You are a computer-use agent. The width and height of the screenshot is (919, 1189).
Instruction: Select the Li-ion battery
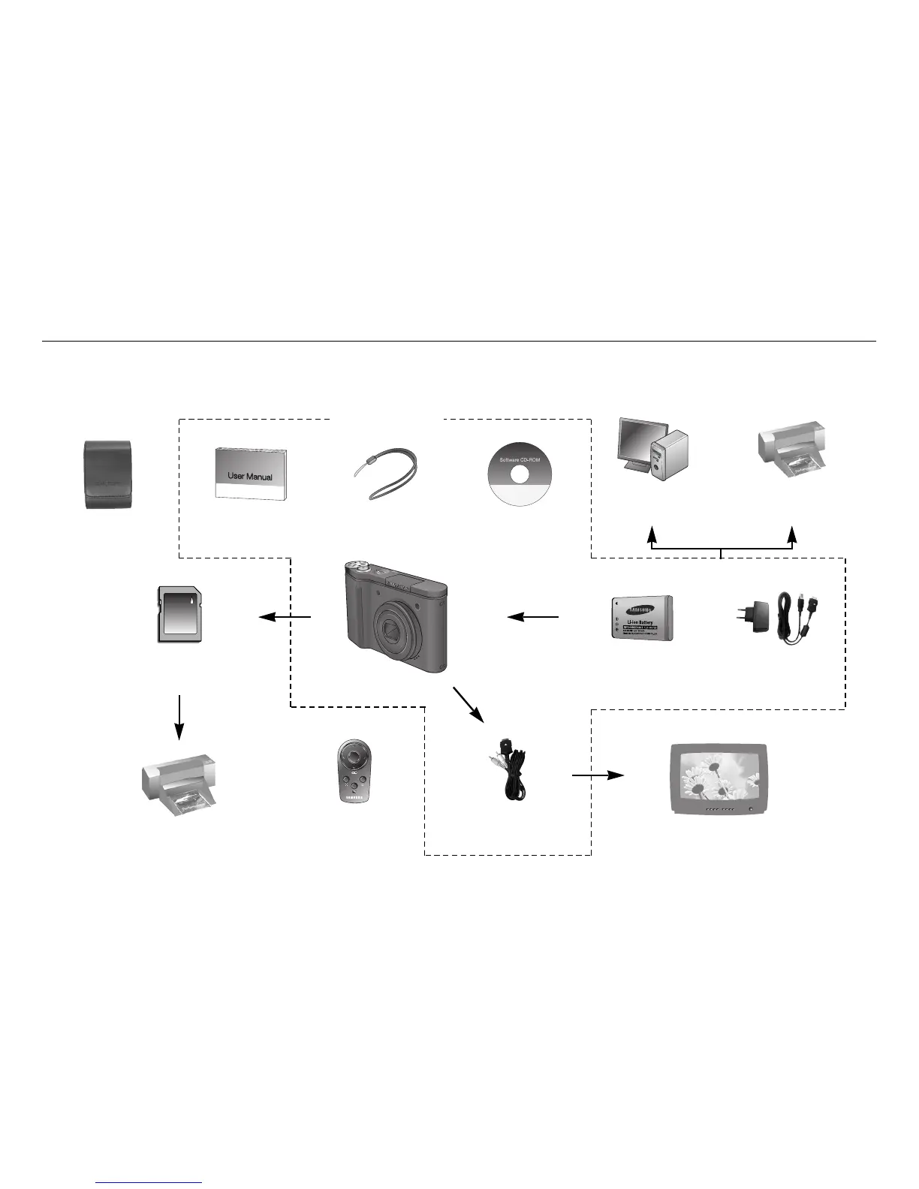(642, 618)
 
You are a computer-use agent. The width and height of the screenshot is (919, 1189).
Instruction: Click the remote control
(354, 772)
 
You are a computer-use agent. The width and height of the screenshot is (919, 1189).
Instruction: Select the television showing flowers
(720, 778)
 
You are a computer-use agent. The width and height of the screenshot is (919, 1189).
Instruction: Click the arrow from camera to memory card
(285, 617)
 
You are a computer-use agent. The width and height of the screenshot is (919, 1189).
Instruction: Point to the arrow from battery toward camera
(533, 617)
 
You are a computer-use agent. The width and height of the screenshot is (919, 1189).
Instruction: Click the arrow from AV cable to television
(598, 775)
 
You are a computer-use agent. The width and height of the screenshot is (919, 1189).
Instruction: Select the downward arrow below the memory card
(179, 716)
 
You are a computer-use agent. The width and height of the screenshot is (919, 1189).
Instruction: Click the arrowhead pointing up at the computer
(652, 534)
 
